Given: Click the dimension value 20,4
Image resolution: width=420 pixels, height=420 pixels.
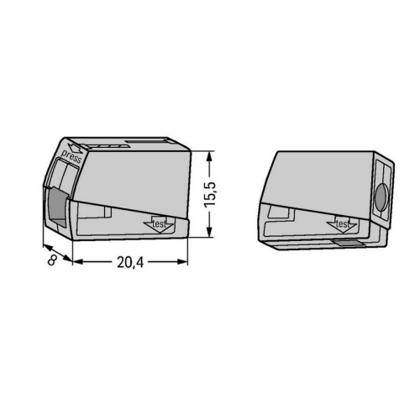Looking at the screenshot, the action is point(130,262).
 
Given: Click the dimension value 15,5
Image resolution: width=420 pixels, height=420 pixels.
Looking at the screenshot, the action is point(210,195).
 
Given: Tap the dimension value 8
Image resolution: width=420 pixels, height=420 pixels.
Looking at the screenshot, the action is point(51,261).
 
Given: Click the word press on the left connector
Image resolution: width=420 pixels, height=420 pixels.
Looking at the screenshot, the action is point(71,156).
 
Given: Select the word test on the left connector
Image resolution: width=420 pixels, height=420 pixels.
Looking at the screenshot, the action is point(160,223).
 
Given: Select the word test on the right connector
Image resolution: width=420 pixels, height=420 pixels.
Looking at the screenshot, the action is point(342,224).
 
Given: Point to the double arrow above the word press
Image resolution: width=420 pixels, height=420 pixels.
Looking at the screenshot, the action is point(76,149).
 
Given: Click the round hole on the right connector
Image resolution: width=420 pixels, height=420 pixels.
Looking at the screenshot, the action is point(381,197).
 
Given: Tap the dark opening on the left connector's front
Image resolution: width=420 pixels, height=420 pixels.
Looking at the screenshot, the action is point(58,207).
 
